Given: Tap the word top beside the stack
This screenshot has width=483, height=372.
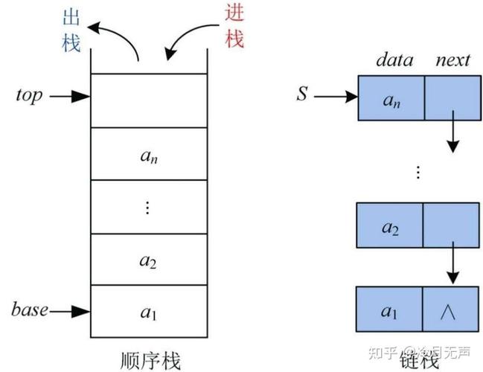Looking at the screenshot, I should click(29, 96).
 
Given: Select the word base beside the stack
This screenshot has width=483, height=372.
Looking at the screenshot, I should click(30, 309).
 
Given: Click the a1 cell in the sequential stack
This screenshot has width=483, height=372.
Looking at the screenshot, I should click(148, 311).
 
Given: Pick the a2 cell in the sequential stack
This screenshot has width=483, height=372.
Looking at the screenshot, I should click(148, 260).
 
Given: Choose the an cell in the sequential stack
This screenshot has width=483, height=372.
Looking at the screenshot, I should click(148, 155).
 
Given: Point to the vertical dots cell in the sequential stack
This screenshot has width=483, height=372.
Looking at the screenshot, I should click(147, 208).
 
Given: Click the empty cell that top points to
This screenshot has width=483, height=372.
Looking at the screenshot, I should click(147, 100).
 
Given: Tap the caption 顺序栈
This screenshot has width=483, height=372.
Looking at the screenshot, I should click(150, 359).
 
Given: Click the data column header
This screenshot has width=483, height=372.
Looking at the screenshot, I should click(394, 60).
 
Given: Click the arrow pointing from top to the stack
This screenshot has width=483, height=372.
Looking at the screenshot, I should click(71, 96).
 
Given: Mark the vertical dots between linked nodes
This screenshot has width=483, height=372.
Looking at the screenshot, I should click(418, 173).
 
